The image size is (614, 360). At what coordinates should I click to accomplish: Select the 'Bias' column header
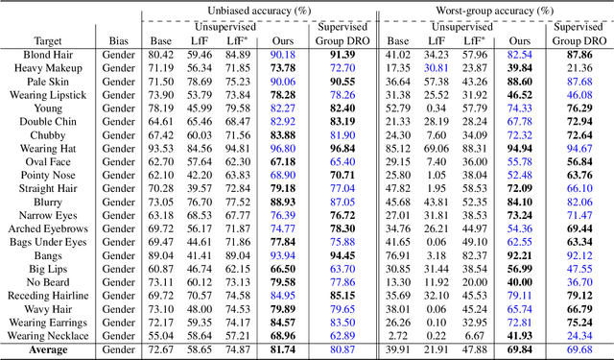119,41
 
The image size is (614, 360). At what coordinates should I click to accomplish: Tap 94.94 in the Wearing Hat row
519,149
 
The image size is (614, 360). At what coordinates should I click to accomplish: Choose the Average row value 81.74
283,350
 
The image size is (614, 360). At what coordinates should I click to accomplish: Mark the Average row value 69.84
519,350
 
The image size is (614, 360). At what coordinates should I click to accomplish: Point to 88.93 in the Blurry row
283,203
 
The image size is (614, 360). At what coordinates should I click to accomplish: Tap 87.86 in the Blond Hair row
579,55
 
